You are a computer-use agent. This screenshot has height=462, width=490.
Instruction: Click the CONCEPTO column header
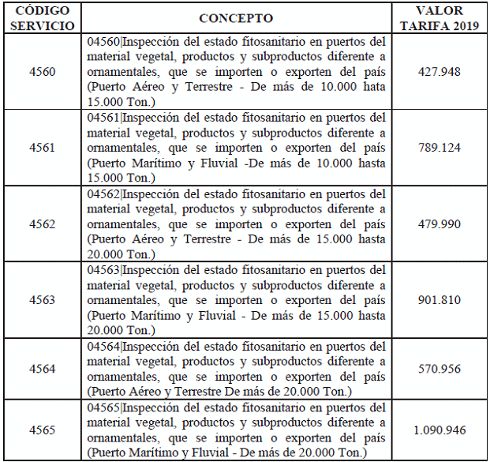(x=236, y=18)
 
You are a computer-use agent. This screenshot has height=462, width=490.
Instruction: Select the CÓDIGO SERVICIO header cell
(x=42, y=18)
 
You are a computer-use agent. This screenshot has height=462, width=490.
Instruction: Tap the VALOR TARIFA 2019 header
(x=441, y=18)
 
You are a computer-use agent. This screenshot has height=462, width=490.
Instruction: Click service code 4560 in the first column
(x=42, y=71)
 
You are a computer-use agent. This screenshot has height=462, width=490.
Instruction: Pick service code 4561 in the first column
(x=42, y=148)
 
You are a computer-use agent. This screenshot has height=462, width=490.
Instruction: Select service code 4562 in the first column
(x=42, y=224)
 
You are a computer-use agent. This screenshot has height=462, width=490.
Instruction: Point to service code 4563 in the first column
(x=42, y=300)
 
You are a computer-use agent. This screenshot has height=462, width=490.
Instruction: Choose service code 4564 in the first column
(x=42, y=369)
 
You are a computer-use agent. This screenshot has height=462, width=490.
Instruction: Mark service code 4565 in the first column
(x=42, y=430)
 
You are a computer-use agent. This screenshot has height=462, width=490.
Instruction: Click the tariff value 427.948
(x=441, y=71)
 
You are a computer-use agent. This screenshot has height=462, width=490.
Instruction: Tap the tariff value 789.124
(x=441, y=148)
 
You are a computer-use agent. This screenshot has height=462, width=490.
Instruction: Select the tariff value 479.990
(x=441, y=224)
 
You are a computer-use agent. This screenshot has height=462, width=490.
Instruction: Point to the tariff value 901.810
(x=441, y=300)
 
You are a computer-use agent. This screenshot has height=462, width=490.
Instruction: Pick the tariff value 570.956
(x=441, y=369)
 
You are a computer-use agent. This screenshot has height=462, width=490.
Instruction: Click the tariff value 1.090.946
(x=441, y=430)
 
